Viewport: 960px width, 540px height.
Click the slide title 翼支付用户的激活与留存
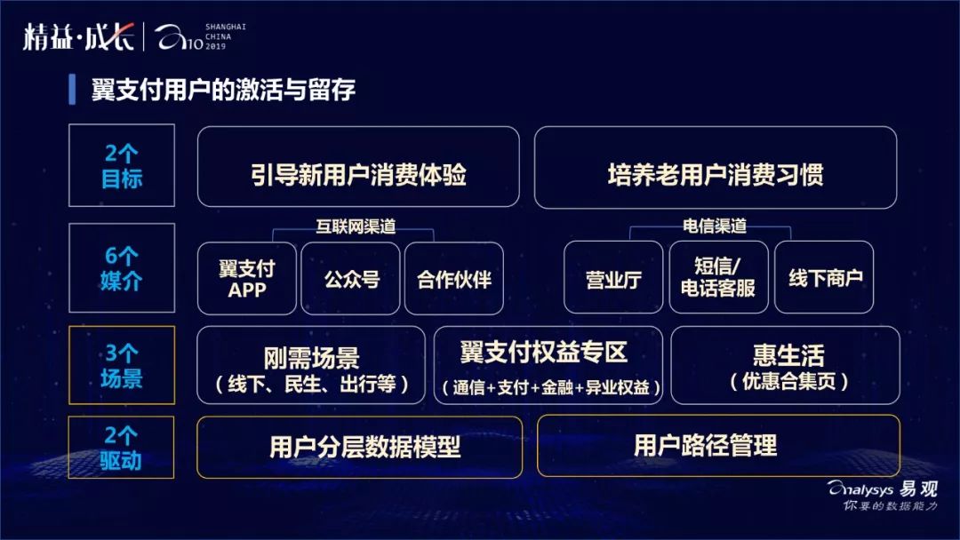click(x=223, y=90)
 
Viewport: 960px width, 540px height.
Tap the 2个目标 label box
click(x=122, y=166)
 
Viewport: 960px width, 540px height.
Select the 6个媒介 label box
click(x=122, y=269)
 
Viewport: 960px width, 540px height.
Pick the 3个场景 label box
click(x=122, y=365)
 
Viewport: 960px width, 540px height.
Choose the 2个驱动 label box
click(x=122, y=448)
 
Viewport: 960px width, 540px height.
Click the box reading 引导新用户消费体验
click(x=358, y=174)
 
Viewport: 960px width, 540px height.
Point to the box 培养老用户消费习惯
click(x=715, y=174)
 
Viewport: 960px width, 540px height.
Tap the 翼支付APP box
click(x=247, y=278)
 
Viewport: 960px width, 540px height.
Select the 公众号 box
click(x=352, y=278)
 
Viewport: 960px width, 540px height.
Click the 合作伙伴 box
click(x=454, y=278)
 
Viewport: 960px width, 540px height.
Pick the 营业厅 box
click(x=613, y=278)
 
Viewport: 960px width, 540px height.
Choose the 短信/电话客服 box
click(x=718, y=277)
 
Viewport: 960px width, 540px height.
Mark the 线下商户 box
click(x=825, y=278)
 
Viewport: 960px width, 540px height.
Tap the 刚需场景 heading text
click(x=311, y=358)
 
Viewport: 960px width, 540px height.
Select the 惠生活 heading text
click(x=788, y=355)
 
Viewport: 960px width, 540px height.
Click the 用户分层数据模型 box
click(x=359, y=447)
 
